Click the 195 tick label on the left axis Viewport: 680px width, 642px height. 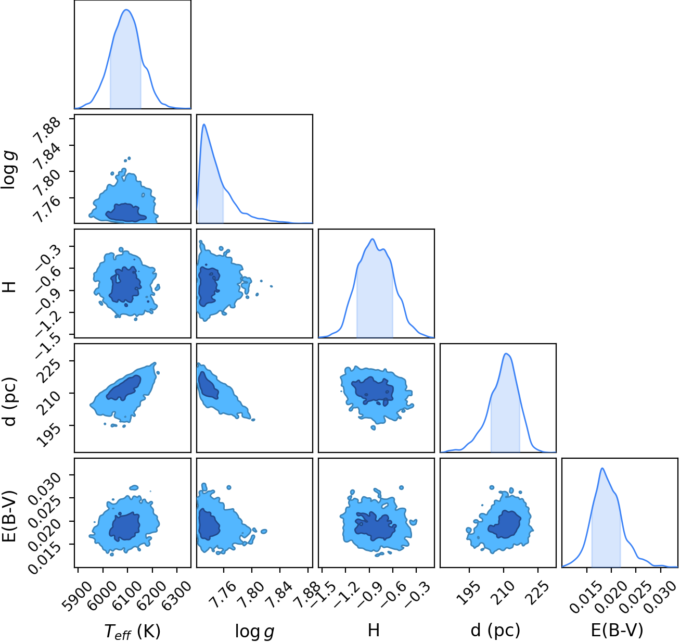click(x=48, y=435)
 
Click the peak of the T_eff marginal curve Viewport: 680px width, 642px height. click(x=126, y=9)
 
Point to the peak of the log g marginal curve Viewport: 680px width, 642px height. click(x=204, y=124)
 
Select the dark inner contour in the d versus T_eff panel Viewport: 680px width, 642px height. click(x=123, y=388)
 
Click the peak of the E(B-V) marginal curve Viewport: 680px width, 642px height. click(x=602, y=468)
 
